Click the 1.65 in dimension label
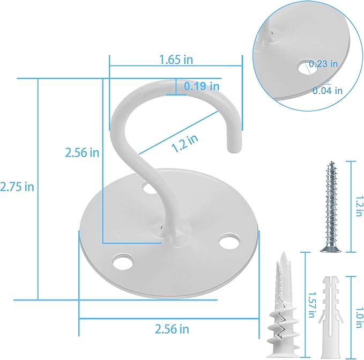176,60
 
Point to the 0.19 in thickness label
202,86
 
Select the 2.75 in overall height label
17,187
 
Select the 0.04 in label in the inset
327,91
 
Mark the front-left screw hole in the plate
123,262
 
